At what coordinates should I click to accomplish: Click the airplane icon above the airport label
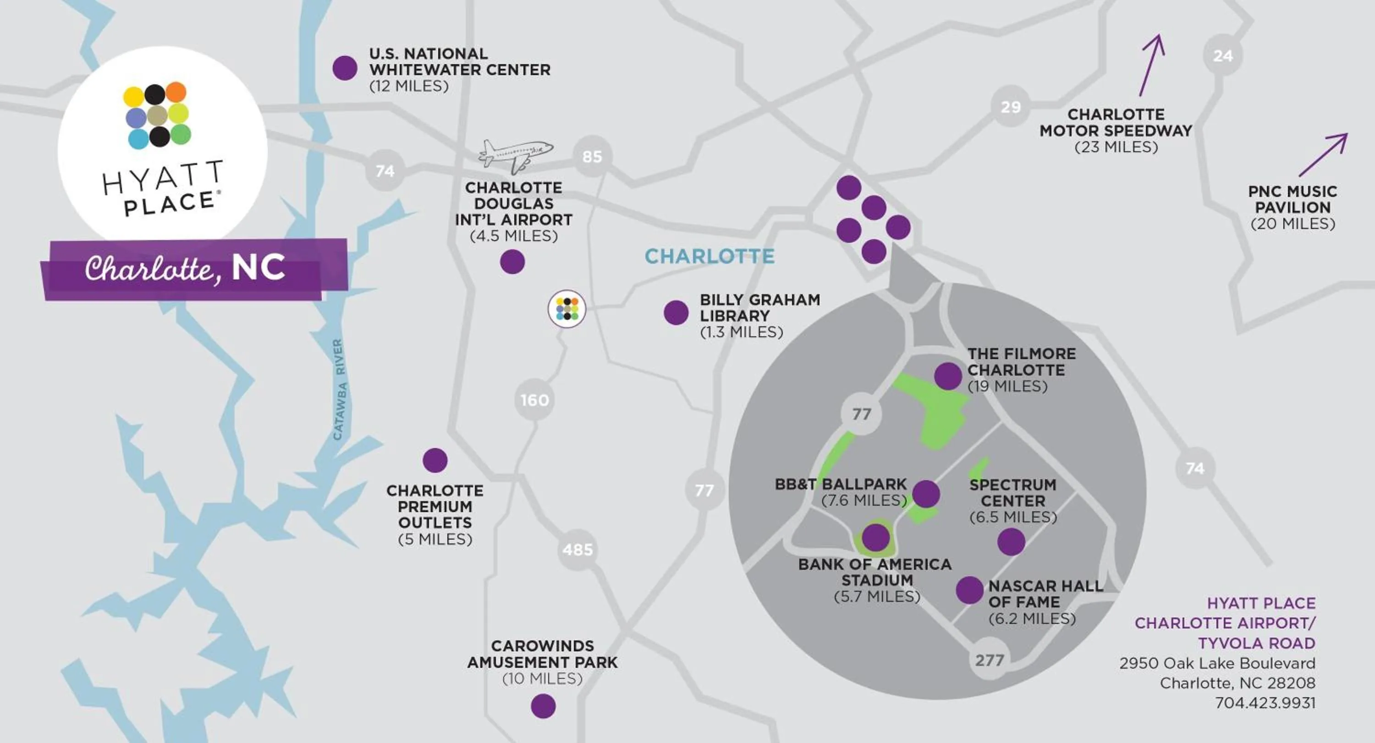515,155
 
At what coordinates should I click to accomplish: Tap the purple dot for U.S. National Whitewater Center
345,68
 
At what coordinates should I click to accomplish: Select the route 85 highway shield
592,156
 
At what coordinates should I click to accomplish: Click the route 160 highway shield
534,400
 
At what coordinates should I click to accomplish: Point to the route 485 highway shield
577,549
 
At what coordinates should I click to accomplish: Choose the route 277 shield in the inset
990,661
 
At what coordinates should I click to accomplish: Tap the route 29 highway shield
1011,107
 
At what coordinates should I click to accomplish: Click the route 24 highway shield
1222,55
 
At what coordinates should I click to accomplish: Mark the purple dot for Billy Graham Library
676,312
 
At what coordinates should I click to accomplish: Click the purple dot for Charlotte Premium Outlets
435,460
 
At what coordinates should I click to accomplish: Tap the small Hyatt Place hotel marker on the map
567,309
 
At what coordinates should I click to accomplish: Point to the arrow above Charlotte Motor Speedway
1152,65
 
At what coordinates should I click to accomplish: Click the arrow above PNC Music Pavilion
1324,154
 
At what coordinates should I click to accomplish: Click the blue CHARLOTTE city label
709,257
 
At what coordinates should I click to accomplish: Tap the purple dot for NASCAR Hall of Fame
969,590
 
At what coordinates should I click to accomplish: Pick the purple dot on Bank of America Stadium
876,537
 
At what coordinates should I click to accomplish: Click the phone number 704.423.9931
1265,703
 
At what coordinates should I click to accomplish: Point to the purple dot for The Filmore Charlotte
948,376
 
